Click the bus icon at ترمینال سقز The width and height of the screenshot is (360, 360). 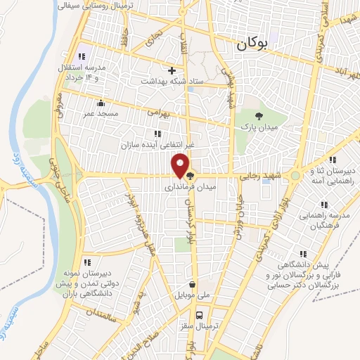tap(200, 315)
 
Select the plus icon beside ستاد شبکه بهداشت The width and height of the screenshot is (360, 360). tap(172, 70)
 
